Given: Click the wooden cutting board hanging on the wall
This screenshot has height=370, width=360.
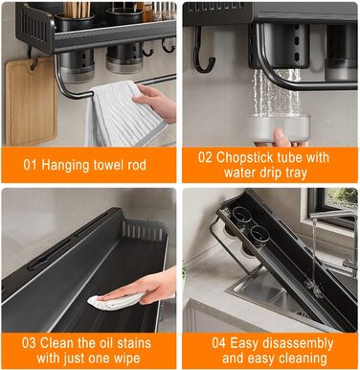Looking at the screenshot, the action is pos(31,101).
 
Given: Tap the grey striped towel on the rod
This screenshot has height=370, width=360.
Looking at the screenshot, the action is pos(124,114).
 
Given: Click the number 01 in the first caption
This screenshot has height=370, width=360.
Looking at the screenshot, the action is pos(30,165).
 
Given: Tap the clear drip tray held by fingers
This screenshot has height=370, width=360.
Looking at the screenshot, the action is pos(278,127).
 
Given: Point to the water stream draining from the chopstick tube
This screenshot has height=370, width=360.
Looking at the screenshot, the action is pos(277,92).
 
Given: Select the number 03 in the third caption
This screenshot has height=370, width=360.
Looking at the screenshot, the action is pos(29,343).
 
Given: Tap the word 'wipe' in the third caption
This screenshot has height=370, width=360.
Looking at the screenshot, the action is pos(126,358).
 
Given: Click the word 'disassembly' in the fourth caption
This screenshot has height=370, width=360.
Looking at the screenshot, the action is pos(297,344).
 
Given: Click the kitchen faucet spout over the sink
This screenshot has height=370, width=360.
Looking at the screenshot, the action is pos(332,215).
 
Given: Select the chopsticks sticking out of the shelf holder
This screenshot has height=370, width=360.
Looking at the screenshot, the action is pos(77,10).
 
